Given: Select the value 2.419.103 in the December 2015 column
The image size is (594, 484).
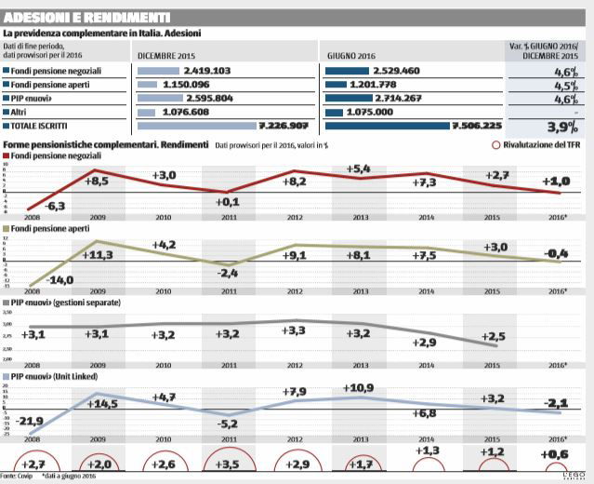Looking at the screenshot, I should [207, 70].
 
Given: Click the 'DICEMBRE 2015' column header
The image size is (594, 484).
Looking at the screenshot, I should [168, 55].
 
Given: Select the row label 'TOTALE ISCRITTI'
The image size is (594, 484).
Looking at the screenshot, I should [43, 125].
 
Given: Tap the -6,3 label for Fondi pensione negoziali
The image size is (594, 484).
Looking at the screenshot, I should [55, 205].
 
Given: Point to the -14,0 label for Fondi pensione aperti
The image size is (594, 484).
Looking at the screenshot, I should [61, 280].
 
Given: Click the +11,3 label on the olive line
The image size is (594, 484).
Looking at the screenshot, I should [99, 254].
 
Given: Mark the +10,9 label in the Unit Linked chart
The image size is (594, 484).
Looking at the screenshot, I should [360, 387].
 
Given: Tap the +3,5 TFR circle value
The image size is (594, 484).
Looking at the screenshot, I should [228, 463].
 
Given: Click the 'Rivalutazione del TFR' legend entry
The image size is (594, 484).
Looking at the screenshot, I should [537, 146].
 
